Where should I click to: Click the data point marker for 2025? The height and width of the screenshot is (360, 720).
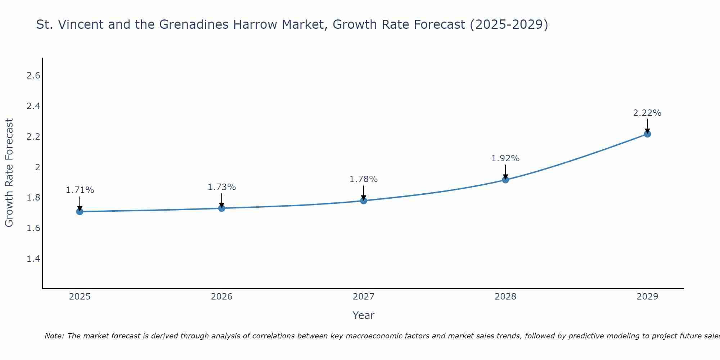(80, 212)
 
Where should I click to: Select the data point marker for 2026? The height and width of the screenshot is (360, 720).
(222, 208)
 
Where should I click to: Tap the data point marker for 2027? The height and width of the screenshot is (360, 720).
(364, 201)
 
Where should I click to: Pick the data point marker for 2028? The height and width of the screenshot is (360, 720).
(505, 180)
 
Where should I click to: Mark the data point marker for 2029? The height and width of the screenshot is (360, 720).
(647, 134)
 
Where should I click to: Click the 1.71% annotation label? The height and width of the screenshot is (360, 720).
(80, 190)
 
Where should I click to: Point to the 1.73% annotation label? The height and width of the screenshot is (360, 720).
(222, 187)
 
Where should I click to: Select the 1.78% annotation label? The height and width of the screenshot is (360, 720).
(364, 179)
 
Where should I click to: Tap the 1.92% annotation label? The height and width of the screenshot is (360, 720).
(505, 158)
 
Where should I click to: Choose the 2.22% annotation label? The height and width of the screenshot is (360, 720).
(647, 113)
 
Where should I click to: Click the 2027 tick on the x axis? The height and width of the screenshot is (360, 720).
(364, 297)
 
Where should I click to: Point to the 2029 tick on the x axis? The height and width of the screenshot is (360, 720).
(647, 297)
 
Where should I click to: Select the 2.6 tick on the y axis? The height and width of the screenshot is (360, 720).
(33, 76)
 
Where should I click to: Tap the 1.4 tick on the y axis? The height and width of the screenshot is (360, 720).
(33, 259)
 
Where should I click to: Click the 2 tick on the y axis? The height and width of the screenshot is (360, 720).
(37, 167)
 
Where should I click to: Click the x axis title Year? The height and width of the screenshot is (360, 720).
(364, 315)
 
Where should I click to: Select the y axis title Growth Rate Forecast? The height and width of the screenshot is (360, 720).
(9, 173)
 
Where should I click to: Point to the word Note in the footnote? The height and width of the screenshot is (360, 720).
(54, 336)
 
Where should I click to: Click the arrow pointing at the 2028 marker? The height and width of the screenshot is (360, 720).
(505, 172)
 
